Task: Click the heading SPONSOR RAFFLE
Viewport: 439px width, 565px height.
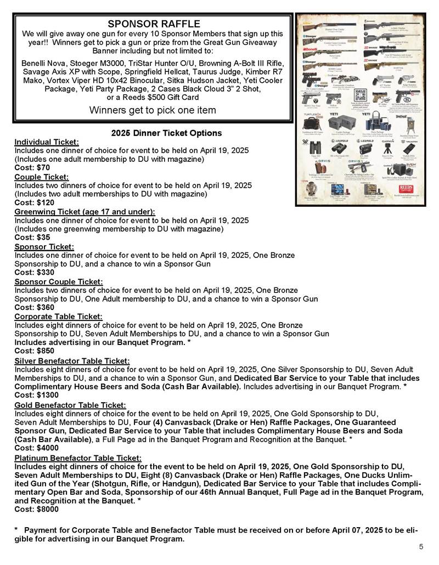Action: (154, 24)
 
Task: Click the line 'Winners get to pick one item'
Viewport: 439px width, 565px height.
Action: (153, 110)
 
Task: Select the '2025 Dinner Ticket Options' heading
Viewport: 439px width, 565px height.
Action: (166, 133)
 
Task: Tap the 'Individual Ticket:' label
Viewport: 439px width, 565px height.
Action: (47, 142)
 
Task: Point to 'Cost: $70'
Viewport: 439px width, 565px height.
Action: (32, 167)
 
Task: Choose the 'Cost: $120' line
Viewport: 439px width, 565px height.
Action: (34, 202)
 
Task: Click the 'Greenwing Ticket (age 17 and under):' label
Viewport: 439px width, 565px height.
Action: (85, 211)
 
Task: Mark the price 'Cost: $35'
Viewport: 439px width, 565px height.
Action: (32, 238)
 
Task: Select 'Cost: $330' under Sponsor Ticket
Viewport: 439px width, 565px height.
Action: (34, 273)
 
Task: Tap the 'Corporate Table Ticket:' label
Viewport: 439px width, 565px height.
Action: (58, 317)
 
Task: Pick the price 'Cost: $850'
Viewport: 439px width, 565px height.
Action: (34, 351)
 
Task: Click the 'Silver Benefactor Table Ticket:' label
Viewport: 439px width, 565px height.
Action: (72, 360)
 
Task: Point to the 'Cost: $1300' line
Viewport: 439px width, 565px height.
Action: (36, 394)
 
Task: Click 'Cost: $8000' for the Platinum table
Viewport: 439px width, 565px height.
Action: (36, 509)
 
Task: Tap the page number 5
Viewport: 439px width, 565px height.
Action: (421, 546)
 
